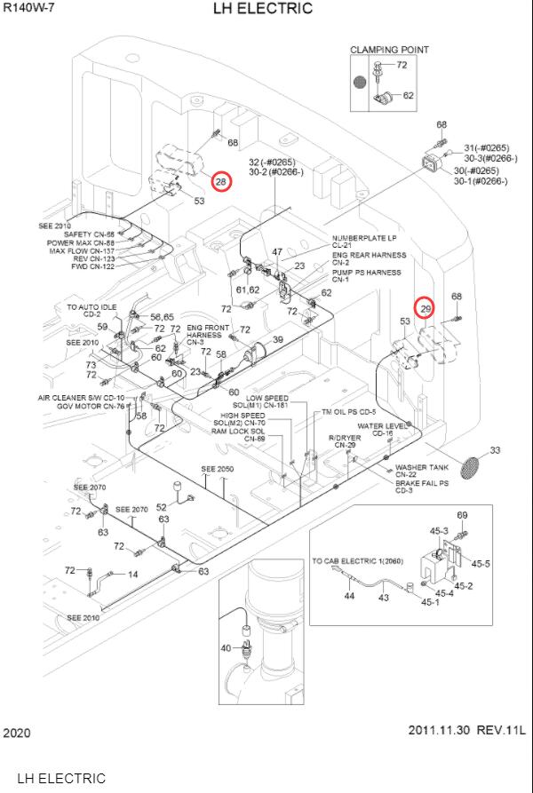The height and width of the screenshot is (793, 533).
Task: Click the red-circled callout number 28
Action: (220, 181)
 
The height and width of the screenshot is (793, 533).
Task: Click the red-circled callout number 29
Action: (426, 308)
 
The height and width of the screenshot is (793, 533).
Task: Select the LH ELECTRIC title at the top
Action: (263, 9)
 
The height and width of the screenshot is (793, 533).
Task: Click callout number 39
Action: (277, 340)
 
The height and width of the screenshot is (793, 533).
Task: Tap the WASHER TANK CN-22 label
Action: (422, 472)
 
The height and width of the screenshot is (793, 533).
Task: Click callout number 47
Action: (277, 252)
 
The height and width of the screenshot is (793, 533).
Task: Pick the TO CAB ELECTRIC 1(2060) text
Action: (356, 561)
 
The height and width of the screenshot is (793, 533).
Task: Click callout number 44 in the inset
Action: (349, 596)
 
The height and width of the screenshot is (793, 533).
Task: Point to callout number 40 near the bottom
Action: (226, 647)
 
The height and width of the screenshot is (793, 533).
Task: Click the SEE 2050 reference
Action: (217, 468)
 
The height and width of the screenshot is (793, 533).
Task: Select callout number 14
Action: (133, 575)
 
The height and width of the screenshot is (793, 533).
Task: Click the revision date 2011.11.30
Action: (439, 731)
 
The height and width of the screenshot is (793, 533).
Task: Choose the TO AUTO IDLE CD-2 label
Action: (91, 310)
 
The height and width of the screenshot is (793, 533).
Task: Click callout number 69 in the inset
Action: (462, 515)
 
